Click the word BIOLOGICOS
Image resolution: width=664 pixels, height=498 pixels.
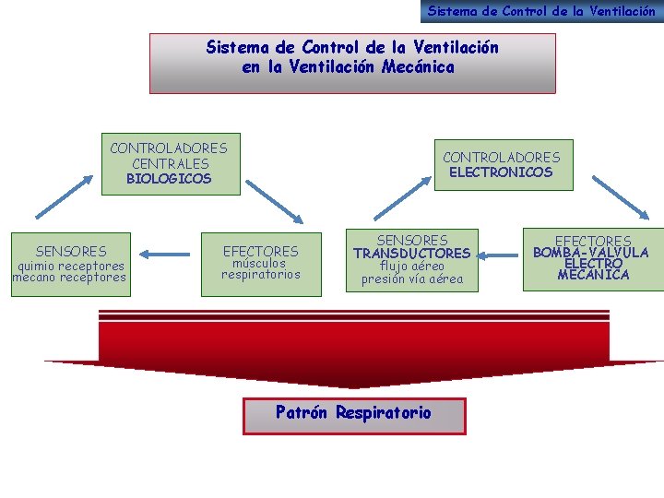(x=169, y=179)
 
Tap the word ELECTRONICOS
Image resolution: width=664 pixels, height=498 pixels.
(x=501, y=172)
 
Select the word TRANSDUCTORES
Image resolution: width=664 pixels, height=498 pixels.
(x=411, y=253)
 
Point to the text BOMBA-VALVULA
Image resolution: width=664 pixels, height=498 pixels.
(x=591, y=253)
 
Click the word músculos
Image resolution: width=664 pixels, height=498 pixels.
(x=260, y=263)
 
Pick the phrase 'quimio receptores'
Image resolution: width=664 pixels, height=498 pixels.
(x=69, y=266)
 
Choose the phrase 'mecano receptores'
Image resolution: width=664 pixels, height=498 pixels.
(x=69, y=278)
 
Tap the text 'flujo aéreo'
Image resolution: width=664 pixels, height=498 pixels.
(x=411, y=267)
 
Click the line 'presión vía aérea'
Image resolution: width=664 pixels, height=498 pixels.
(x=411, y=279)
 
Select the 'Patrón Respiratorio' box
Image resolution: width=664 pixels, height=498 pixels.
(x=354, y=414)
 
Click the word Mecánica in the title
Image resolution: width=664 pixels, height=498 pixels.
(x=417, y=67)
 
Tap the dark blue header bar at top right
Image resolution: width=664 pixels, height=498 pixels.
(x=541, y=11)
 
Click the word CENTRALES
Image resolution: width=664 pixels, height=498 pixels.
(x=170, y=163)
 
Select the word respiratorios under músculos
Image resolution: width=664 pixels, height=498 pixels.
(x=260, y=274)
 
